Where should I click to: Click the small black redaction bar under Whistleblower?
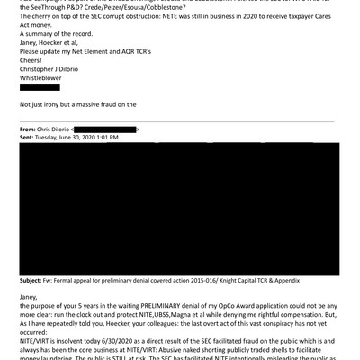coord(40,87)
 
